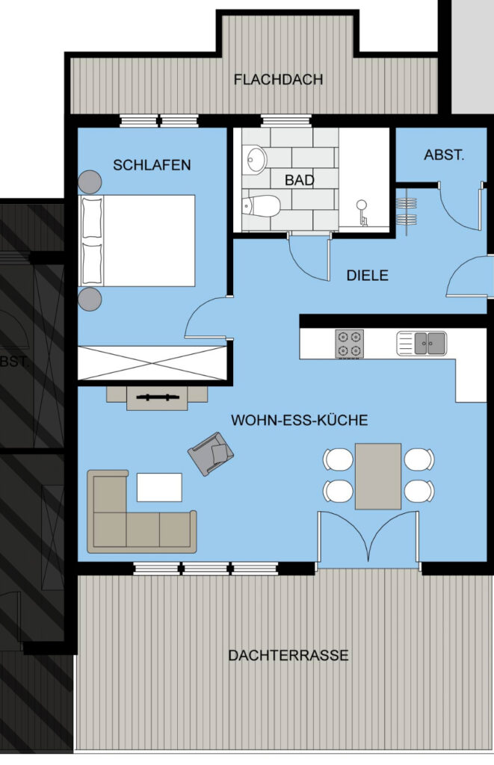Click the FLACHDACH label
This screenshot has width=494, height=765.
278,79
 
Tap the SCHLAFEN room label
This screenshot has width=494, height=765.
152,165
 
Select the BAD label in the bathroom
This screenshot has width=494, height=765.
299,180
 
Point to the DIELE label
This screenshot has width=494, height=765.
368,275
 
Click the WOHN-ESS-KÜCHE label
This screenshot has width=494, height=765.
299,420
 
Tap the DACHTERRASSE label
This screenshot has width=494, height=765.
288,654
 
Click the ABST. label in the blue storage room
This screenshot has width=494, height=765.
444,155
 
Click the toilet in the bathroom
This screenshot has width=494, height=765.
261,205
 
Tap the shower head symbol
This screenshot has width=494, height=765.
362,211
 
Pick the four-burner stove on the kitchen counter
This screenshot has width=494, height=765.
349,344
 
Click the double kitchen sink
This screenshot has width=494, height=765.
422,343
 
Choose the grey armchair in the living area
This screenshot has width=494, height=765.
211,453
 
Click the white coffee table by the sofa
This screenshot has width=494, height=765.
159,487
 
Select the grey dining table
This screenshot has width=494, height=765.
378,476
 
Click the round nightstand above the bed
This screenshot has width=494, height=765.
90,182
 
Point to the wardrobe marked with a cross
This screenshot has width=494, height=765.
152,362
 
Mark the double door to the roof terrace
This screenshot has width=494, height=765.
368,539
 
